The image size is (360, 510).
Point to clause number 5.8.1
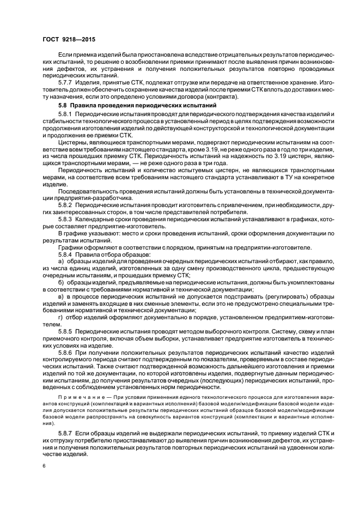(x=66, y=113)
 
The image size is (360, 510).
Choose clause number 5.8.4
(x=66, y=254)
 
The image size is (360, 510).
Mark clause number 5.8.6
(x=66, y=354)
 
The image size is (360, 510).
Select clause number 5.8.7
(x=66, y=432)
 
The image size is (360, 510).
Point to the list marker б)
(x=60, y=283)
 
